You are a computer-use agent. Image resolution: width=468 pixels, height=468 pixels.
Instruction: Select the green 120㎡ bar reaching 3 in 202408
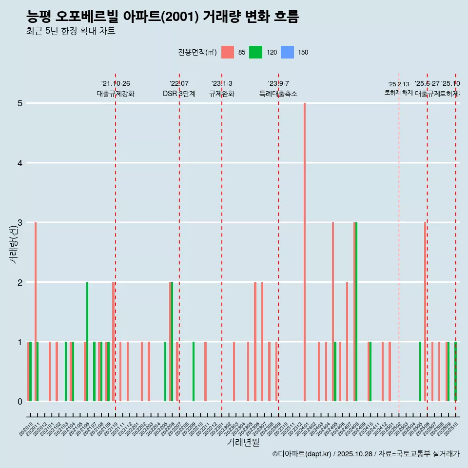356,312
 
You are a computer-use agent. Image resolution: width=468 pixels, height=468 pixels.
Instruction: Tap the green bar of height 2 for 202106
87,341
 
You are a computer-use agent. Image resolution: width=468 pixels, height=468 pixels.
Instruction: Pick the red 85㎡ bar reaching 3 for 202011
36,312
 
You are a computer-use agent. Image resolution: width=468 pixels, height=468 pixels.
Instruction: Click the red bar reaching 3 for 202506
425,312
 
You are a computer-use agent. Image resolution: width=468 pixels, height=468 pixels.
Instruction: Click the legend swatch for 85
228,52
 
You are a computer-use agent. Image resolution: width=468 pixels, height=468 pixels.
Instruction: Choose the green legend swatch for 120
255,52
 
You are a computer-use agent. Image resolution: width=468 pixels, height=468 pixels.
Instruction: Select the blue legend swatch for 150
288,52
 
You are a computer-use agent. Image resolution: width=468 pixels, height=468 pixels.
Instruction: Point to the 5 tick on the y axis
20,103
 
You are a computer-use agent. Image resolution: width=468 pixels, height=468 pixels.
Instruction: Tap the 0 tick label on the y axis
20,402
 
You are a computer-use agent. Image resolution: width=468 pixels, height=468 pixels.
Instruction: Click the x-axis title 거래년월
243,442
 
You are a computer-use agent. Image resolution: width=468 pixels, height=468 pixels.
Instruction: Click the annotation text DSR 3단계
179,94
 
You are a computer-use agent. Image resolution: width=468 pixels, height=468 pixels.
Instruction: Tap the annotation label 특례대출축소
278,94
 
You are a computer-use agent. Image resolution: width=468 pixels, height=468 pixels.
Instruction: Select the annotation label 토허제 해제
398,93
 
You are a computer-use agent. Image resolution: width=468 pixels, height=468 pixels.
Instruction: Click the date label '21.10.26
116,84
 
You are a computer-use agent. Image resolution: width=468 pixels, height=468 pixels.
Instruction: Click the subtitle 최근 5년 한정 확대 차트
71,31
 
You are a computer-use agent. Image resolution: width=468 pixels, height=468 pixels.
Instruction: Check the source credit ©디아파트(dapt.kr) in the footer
302,454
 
